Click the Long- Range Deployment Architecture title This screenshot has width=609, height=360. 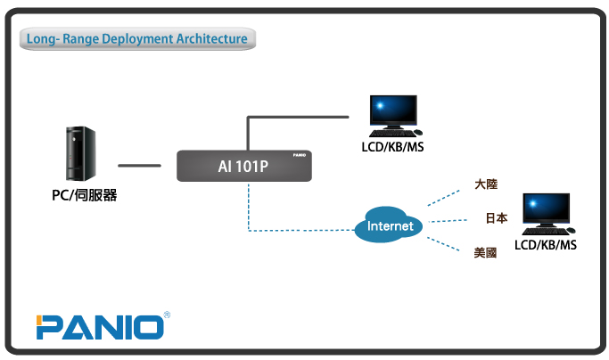(136, 39)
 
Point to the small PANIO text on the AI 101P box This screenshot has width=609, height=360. (301, 156)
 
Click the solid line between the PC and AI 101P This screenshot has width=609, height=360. (139, 165)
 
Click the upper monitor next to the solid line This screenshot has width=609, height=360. (393, 113)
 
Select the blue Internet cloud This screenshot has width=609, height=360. (391, 225)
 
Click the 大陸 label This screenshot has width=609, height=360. (486, 184)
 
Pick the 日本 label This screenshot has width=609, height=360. (496, 217)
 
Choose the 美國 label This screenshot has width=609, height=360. (485, 253)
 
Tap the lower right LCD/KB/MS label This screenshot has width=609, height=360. (546, 244)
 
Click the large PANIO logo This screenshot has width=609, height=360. (100, 326)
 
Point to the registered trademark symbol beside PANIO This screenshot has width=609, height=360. (168, 315)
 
